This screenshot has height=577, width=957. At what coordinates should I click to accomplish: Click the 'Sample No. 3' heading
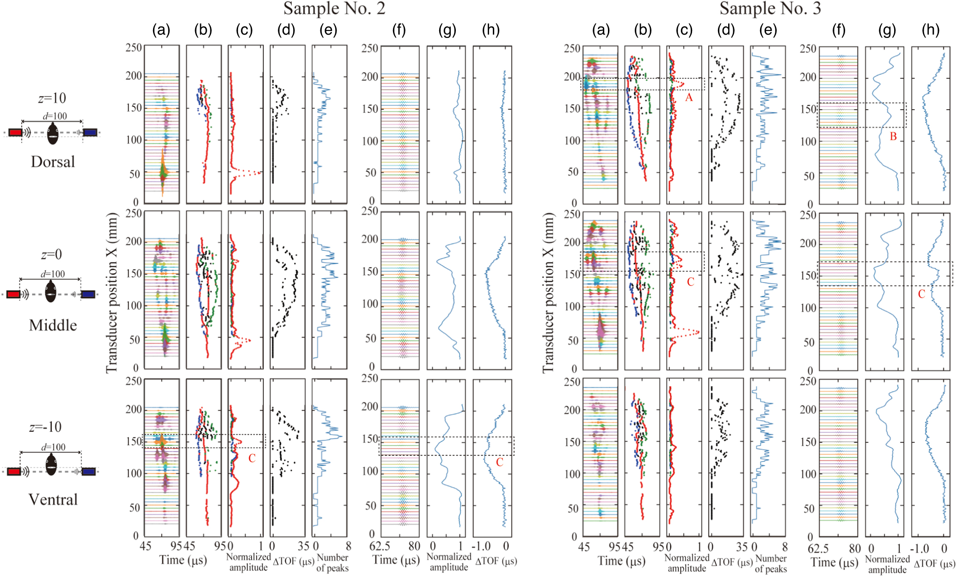pos(770,9)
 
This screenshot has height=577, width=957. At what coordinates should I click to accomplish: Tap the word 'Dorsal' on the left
pos(53,162)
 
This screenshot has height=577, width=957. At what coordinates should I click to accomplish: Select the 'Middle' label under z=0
pos(53,325)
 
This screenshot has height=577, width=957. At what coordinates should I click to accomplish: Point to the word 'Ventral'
pos(53,500)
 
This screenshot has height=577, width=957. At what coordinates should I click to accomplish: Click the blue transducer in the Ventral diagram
pos(89,472)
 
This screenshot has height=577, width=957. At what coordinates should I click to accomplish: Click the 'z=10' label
pos(52,98)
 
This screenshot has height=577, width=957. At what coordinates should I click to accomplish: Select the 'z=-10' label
pos(45,427)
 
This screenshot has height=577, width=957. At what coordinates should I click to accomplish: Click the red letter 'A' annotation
pos(689,97)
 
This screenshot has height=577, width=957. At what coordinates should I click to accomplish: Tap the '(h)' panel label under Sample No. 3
pos(930,31)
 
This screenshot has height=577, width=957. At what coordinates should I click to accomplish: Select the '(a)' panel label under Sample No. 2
pos(161,31)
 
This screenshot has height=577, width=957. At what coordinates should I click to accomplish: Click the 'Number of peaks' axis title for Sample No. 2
pos(332,563)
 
